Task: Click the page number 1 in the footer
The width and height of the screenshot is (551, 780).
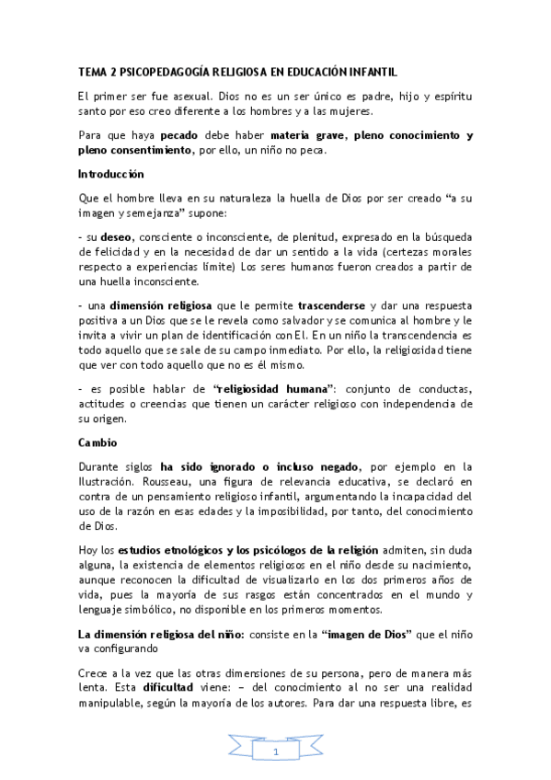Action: pos(275,752)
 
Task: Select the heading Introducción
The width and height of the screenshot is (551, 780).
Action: pos(110,173)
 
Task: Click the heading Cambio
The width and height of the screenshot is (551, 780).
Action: pos(96,442)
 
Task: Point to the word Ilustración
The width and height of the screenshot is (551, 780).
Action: pos(107,482)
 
